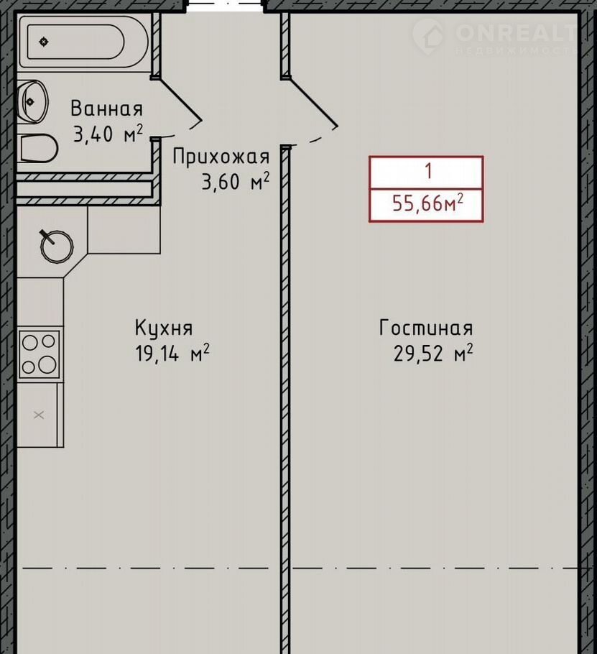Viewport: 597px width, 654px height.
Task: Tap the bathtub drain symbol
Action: [44, 42]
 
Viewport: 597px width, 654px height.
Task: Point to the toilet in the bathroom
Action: [37, 147]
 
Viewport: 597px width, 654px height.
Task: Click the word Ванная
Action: [107, 109]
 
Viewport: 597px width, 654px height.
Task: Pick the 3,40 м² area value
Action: [108, 134]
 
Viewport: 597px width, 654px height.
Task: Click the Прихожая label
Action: [221, 157]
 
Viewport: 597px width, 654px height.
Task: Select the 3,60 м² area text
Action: [236, 181]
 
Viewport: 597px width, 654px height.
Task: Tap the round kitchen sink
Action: [57, 246]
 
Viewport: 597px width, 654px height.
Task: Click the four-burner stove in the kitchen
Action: [39, 354]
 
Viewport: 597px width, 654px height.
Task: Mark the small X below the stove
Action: [39, 415]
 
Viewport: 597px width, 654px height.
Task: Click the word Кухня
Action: [163, 328]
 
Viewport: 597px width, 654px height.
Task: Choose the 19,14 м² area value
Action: [172, 354]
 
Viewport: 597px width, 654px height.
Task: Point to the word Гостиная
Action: [426, 328]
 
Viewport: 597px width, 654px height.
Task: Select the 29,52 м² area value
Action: [433, 354]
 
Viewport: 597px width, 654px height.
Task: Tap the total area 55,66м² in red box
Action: [427, 203]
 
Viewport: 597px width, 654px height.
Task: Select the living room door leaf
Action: [310, 101]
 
